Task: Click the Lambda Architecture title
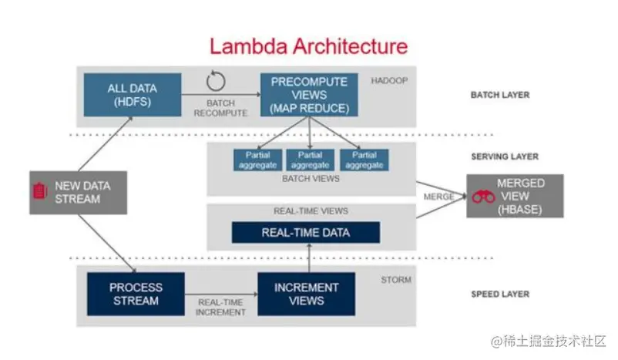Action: click(x=308, y=45)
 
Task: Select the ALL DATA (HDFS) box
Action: click(x=132, y=96)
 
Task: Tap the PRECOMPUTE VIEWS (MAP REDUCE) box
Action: click(x=309, y=96)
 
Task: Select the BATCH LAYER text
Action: click(x=500, y=96)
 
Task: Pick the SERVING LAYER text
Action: click(x=504, y=156)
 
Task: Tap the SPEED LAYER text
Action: click(x=500, y=294)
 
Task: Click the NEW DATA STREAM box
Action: click(x=78, y=191)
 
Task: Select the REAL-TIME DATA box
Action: click(x=306, y=233)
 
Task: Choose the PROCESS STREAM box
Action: click(x=136, y=294)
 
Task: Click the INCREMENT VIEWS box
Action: click(x=307, y=294)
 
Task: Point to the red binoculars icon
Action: click(x=483, y=197)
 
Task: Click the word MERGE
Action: click(x=438, y=196)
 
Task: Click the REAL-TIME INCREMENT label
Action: click(x=221, y=308)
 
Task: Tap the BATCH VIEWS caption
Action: click(x=311, y=179)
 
